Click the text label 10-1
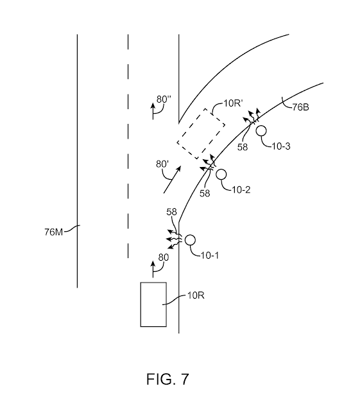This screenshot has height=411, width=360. [x=210, y=256]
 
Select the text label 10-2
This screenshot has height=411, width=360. [x=241, y=190]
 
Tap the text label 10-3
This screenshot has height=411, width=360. [x=281, y=146]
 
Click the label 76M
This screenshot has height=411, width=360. [x=53, y=232]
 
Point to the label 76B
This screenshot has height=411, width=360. [x=300, y=107]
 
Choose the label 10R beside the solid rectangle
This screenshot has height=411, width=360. [x=196, y=295]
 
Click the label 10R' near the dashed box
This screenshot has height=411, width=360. [x=233, y=103]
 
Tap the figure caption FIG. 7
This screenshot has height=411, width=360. [x=167, y=379]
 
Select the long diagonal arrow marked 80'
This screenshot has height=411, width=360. [x=172, y=180]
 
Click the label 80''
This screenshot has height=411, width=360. [x=164, y=100]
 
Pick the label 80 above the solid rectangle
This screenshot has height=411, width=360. [x=164, y=258]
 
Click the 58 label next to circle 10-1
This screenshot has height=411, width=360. [x=171, y=212]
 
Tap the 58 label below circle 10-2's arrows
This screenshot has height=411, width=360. [x=205, y=193]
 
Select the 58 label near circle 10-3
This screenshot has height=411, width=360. [x=243, y=147]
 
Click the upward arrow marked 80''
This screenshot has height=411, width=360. [x=153, y=111]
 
